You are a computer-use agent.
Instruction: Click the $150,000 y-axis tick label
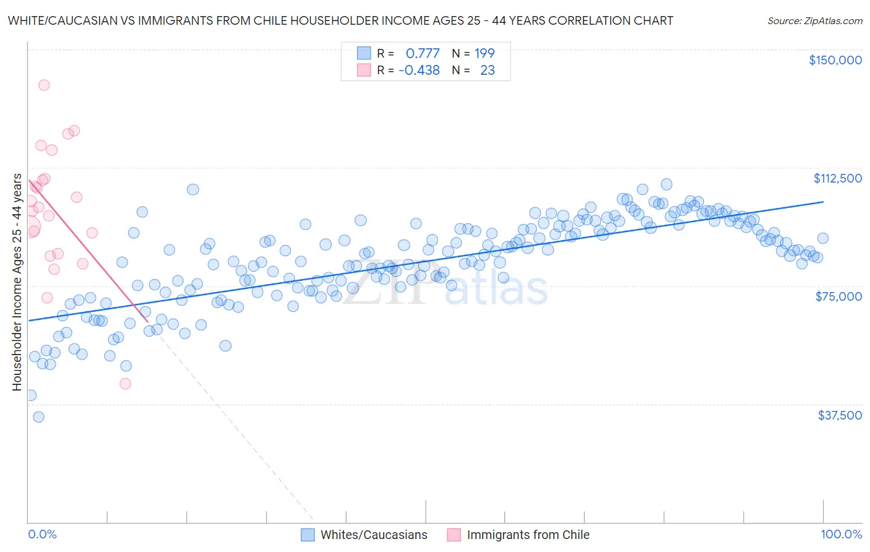835,60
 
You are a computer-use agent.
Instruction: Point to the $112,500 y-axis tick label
837,178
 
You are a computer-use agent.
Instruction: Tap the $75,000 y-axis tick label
838,296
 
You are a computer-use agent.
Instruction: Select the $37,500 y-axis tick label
840,415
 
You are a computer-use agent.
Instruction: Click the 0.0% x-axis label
42,534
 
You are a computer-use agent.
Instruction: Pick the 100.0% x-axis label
841,534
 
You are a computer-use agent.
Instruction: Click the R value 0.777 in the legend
422,53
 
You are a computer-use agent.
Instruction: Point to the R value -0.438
419,70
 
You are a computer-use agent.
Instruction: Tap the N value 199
485,53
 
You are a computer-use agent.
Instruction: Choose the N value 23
487,70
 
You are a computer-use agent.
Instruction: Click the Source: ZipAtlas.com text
814,21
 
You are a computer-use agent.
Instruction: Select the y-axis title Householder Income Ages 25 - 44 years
17,282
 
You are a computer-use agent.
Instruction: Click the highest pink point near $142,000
44,85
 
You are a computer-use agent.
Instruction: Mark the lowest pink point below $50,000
125,384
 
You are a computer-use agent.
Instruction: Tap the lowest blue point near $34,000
38,417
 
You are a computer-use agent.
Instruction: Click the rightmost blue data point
822,238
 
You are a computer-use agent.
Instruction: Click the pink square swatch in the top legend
364,70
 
